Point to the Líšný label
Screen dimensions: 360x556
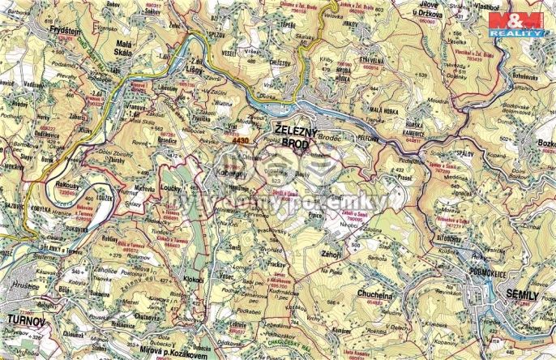point(191,70)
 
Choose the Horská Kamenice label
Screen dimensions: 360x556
point(421,130)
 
